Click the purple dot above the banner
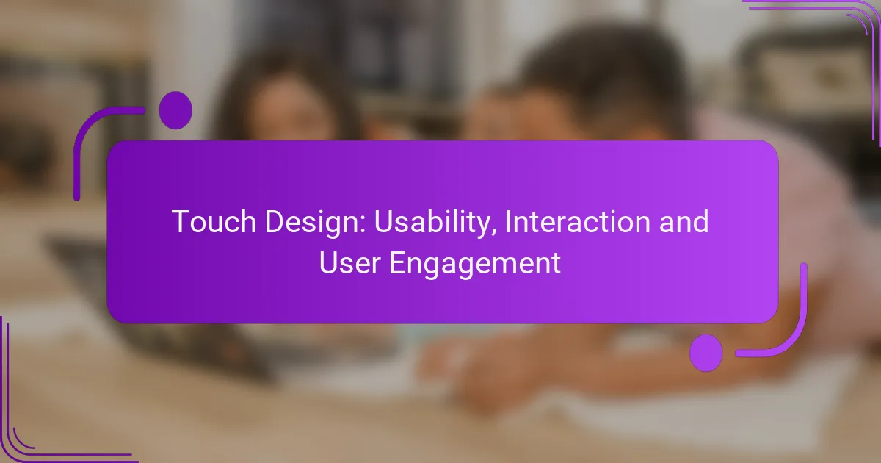pos(175,110)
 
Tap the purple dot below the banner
pos(706,353)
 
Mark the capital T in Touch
pos(181,221)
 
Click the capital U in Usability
pos(383,222)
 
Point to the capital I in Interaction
pos(508,221)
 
